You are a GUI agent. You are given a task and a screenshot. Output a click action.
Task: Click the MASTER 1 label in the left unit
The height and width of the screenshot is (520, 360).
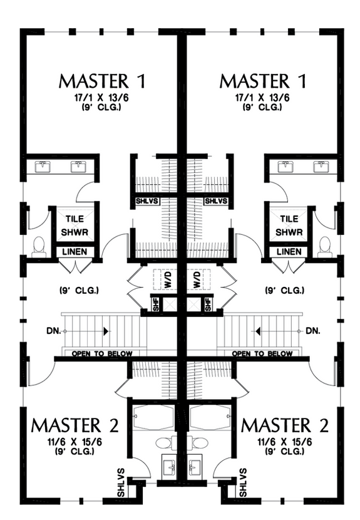coord(103,81)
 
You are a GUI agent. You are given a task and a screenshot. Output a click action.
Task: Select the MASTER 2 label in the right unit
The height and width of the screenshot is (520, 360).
coord(285,425)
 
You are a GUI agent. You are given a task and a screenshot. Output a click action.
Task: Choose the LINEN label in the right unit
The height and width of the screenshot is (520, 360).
coord(289,252)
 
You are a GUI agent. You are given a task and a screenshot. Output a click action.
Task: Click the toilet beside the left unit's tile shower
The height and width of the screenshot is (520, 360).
coord(38,245)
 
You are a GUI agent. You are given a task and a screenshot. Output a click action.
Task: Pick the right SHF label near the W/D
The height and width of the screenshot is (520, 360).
coord(209,304)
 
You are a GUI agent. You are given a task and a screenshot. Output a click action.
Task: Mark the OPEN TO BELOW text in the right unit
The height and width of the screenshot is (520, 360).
coord(262,354)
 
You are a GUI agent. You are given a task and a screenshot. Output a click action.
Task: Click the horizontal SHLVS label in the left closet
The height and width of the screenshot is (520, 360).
coord(147,201)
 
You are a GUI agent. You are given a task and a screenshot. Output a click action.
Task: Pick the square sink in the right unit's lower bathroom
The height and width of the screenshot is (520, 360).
coord(195,466)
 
